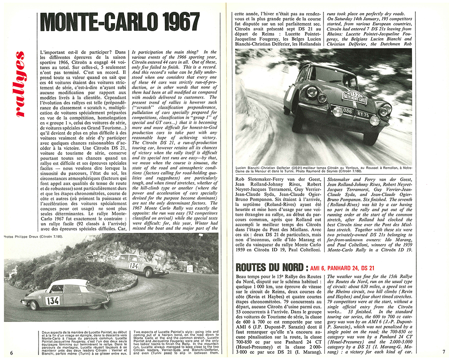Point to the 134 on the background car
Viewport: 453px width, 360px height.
coord(134,266)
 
